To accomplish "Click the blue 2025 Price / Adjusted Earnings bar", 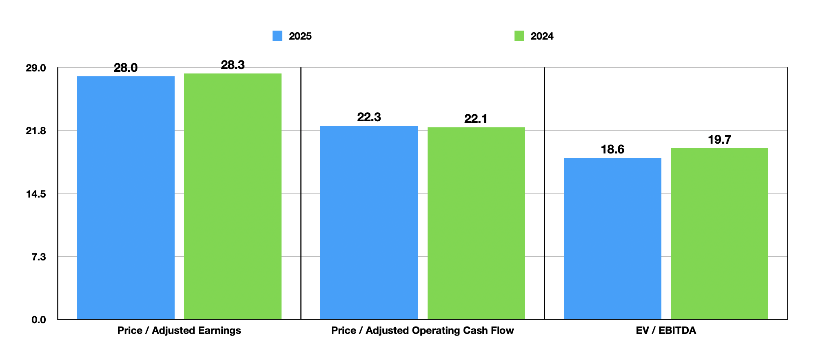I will tap(126, 198).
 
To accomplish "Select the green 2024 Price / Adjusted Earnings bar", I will tap(233, 196).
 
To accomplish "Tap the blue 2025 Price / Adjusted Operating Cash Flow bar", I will tap(369, 222).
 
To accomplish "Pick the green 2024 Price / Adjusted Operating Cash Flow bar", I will tap(476, 223).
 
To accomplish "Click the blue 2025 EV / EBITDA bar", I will tap(612, 238).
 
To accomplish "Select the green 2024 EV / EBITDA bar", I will tap(719, 233).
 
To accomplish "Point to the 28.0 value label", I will tap(126, 68).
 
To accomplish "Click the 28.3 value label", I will tap(233, 65).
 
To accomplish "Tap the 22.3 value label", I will tap(369, 117).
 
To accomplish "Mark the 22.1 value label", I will tap(476, 119).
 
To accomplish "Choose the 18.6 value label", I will tap(612, 149).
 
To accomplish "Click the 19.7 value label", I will tap(719, 140).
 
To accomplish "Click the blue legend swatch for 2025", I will tap(277, 36).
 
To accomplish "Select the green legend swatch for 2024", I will tap(519, 36).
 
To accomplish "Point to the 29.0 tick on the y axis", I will tap(36, 68).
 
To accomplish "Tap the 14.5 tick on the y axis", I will tap(36, 194).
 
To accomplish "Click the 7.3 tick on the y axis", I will tap(39, 257).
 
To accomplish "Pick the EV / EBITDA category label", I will tap(666, 330).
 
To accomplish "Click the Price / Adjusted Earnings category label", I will tap(179, 330).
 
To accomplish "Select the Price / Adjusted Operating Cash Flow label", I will tap(422, 330).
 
